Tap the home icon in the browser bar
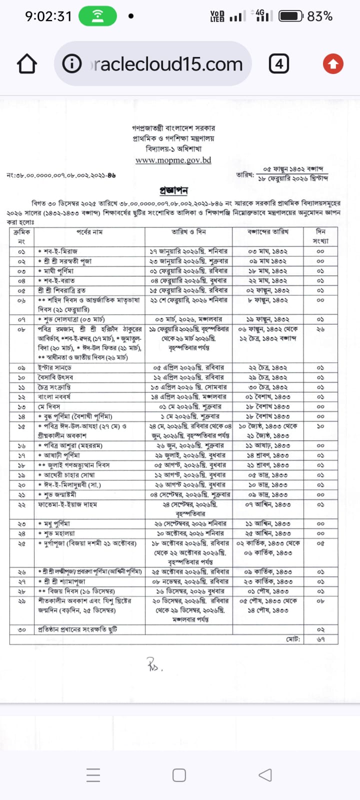point(27,64)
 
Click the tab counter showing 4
point(279,64)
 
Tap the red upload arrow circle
point(333,64)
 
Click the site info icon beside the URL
point(72,64)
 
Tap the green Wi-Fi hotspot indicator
point(97,16)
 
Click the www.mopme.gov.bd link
point(173,160)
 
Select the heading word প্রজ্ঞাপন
point(173,190)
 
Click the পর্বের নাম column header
point(89,232)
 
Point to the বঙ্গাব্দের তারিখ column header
point(268,232)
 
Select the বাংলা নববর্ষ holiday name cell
point(54,396)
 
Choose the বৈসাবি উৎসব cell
point(55,377)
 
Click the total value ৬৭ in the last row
point(320,639)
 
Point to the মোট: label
point(293,639)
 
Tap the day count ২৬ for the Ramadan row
point(320,329)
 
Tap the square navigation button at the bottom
point(179,775)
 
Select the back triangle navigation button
point(265,775)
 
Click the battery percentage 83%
point(319,16)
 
